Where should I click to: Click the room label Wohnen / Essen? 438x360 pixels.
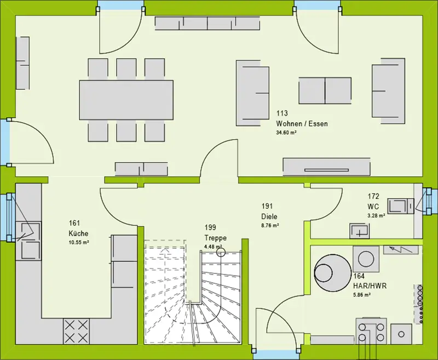(302, 124)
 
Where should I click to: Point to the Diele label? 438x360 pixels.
(269, 216)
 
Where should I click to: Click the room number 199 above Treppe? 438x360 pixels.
(211, 227)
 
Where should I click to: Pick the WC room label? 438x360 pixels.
(373, 207)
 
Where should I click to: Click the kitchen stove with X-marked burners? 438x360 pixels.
(77, 330)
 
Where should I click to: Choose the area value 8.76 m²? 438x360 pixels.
(270, 225)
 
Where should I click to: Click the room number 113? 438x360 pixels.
(282, 114)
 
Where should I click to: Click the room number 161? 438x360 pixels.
(75, 223)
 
